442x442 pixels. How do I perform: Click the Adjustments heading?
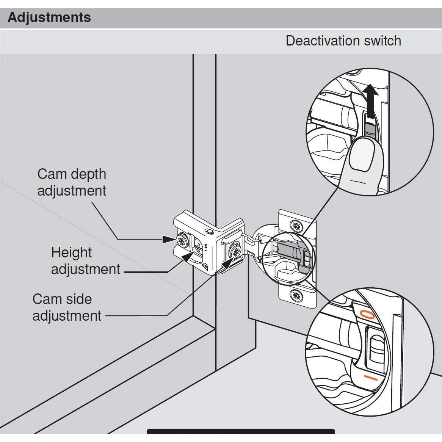49,17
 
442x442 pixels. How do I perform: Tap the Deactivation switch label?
343,41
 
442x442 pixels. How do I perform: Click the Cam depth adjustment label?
72,182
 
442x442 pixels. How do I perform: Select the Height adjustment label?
85,261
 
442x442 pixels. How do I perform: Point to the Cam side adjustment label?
67,307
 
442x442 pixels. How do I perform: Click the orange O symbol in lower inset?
367,314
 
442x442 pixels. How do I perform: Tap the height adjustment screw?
198,248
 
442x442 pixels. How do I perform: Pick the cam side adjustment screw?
235,251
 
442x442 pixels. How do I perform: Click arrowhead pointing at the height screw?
187,257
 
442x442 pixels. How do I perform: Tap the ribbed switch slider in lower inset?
376,349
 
